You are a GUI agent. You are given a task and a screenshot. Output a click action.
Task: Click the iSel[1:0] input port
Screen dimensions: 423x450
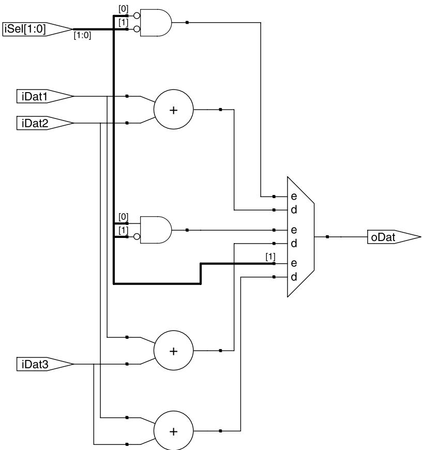(37, 29)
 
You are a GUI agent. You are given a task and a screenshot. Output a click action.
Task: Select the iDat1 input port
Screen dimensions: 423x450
(45, 96)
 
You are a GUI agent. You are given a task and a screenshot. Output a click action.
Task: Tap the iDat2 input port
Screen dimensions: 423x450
(45, 123)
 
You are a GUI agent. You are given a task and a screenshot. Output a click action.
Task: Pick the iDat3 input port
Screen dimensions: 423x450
(45, 364)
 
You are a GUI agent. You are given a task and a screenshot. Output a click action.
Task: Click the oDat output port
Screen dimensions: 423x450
(394, 237)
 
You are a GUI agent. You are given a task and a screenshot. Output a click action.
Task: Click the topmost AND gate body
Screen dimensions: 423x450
(156, 23)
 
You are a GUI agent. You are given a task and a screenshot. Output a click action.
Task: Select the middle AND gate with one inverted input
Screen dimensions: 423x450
(156, 230)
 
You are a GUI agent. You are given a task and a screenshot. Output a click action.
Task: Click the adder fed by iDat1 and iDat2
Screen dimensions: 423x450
(174, 109)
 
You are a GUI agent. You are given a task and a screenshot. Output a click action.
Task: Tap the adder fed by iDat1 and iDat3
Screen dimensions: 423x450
(174, 350)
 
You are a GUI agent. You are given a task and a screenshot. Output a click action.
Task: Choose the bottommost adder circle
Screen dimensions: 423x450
(174, 431)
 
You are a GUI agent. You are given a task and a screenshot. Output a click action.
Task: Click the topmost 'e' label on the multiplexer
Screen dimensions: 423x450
(294, 197)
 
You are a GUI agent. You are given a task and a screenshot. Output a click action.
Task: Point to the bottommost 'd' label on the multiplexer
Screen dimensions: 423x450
(294, 277)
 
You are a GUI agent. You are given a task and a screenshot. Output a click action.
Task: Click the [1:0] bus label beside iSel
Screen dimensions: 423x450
(82, 35)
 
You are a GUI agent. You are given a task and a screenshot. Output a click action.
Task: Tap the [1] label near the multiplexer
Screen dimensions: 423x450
(270, 257)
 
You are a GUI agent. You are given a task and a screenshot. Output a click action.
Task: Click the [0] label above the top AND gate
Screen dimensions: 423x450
(124, 9)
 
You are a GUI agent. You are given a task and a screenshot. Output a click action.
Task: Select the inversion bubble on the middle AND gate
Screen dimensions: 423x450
(137, 237)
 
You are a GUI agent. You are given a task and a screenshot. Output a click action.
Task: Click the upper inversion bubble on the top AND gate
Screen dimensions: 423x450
(137, 16)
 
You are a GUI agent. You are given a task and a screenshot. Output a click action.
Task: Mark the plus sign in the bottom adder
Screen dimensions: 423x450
(173, 431)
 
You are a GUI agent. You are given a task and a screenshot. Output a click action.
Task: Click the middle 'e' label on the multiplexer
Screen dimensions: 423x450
(294, 230)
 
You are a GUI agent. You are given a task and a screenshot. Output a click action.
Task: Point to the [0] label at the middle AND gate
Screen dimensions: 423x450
(124, 217)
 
